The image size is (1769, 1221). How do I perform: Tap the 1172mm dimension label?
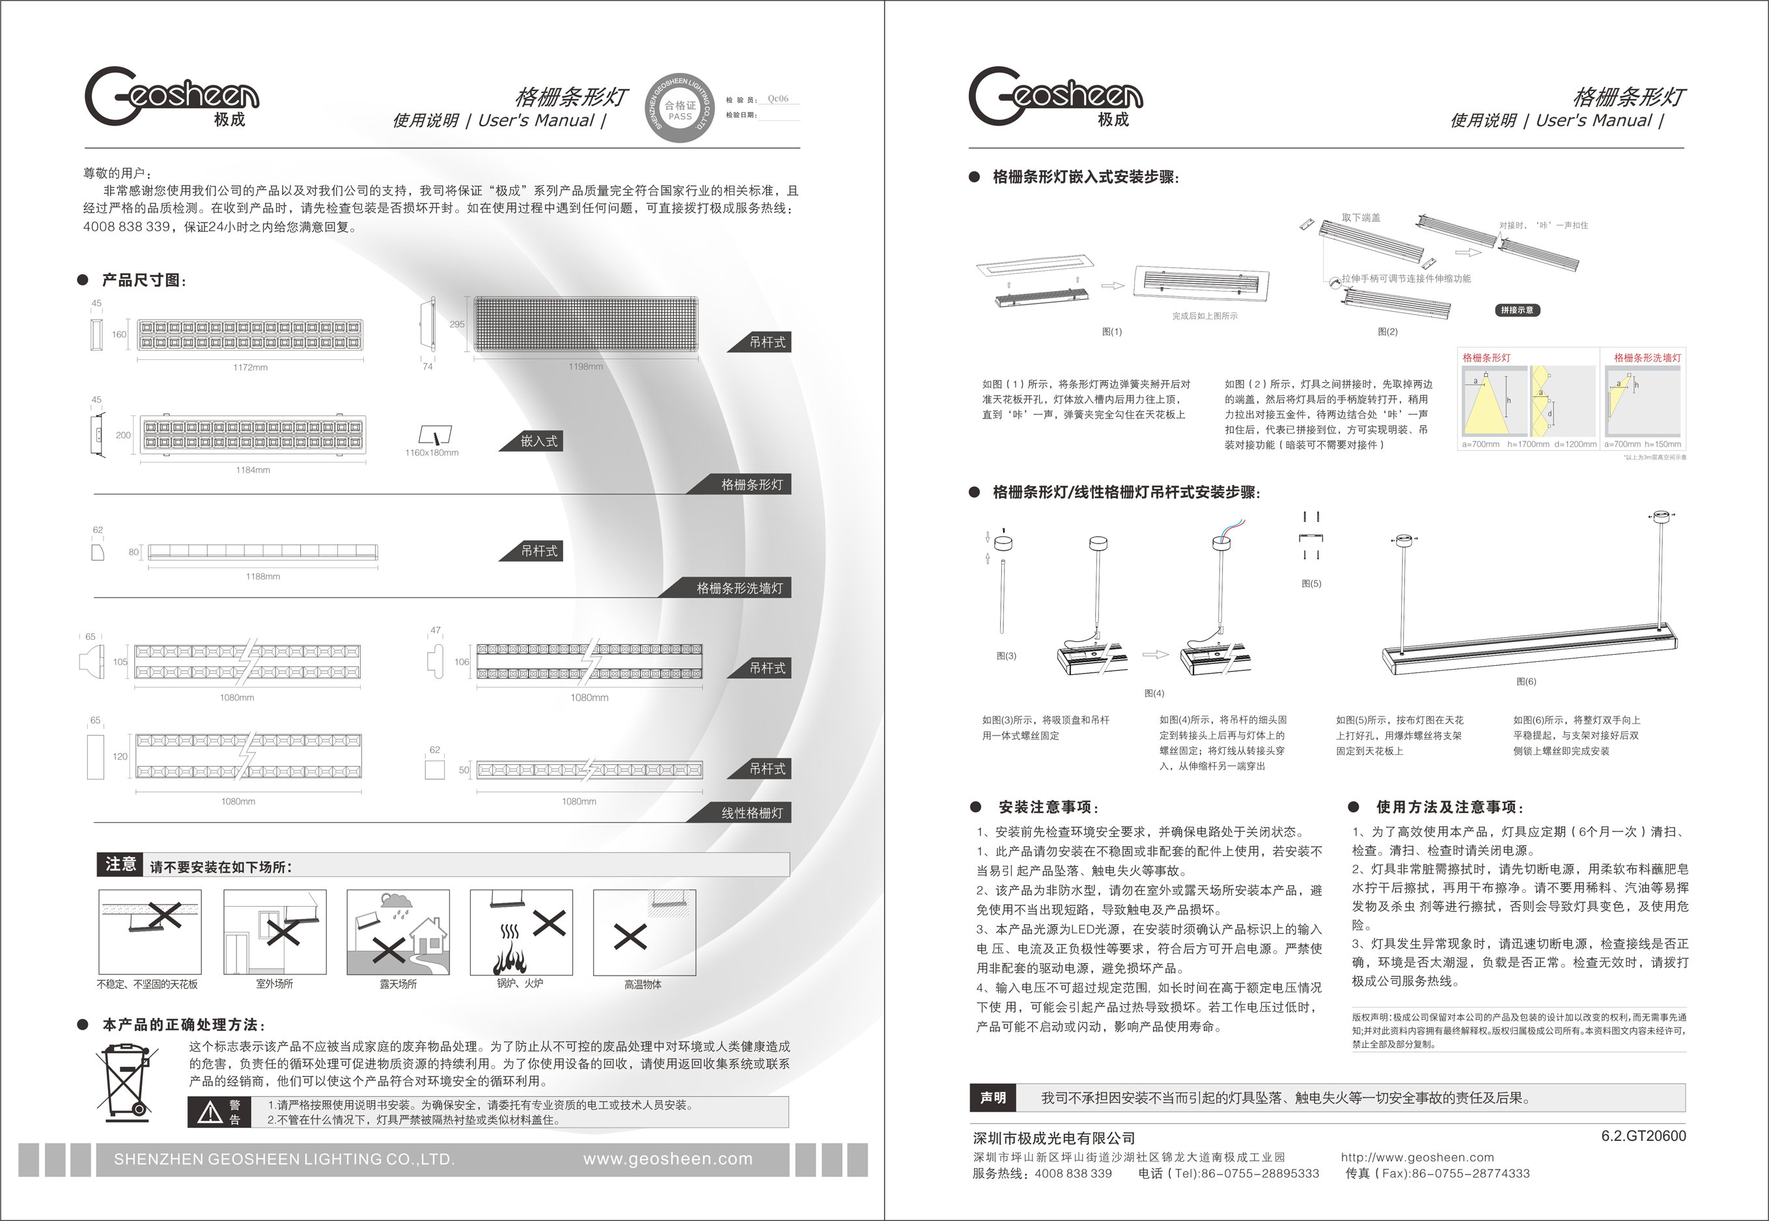pos(250,367)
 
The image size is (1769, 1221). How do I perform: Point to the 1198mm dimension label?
pos(585,366)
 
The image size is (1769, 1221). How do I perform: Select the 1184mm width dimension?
pos(253,470)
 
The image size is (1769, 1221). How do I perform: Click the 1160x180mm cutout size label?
pos(432,453)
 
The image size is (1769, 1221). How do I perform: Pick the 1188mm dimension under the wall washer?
pos(262,576)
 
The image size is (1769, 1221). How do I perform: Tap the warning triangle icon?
pos(210,1112)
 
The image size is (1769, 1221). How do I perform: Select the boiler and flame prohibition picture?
pos(521,932)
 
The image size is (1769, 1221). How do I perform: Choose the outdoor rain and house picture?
pos(398,932)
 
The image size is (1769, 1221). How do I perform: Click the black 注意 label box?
pos(120,864)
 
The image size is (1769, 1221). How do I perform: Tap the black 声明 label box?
pos(992,1098)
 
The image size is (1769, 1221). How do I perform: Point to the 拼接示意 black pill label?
pos(1516,310)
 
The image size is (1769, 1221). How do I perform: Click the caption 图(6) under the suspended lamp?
pos(1525,681)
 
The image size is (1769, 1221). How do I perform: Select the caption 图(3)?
pos(1006,655)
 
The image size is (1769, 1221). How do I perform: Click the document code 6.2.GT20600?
pos(1643,1136)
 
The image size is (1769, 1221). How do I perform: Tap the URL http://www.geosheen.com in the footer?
pos(1417,1157)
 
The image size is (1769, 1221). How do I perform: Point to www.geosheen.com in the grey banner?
pos(667,1159)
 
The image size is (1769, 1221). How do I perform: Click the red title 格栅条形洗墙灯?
pos(1647,358)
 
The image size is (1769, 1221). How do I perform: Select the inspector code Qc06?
pos(777,99)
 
